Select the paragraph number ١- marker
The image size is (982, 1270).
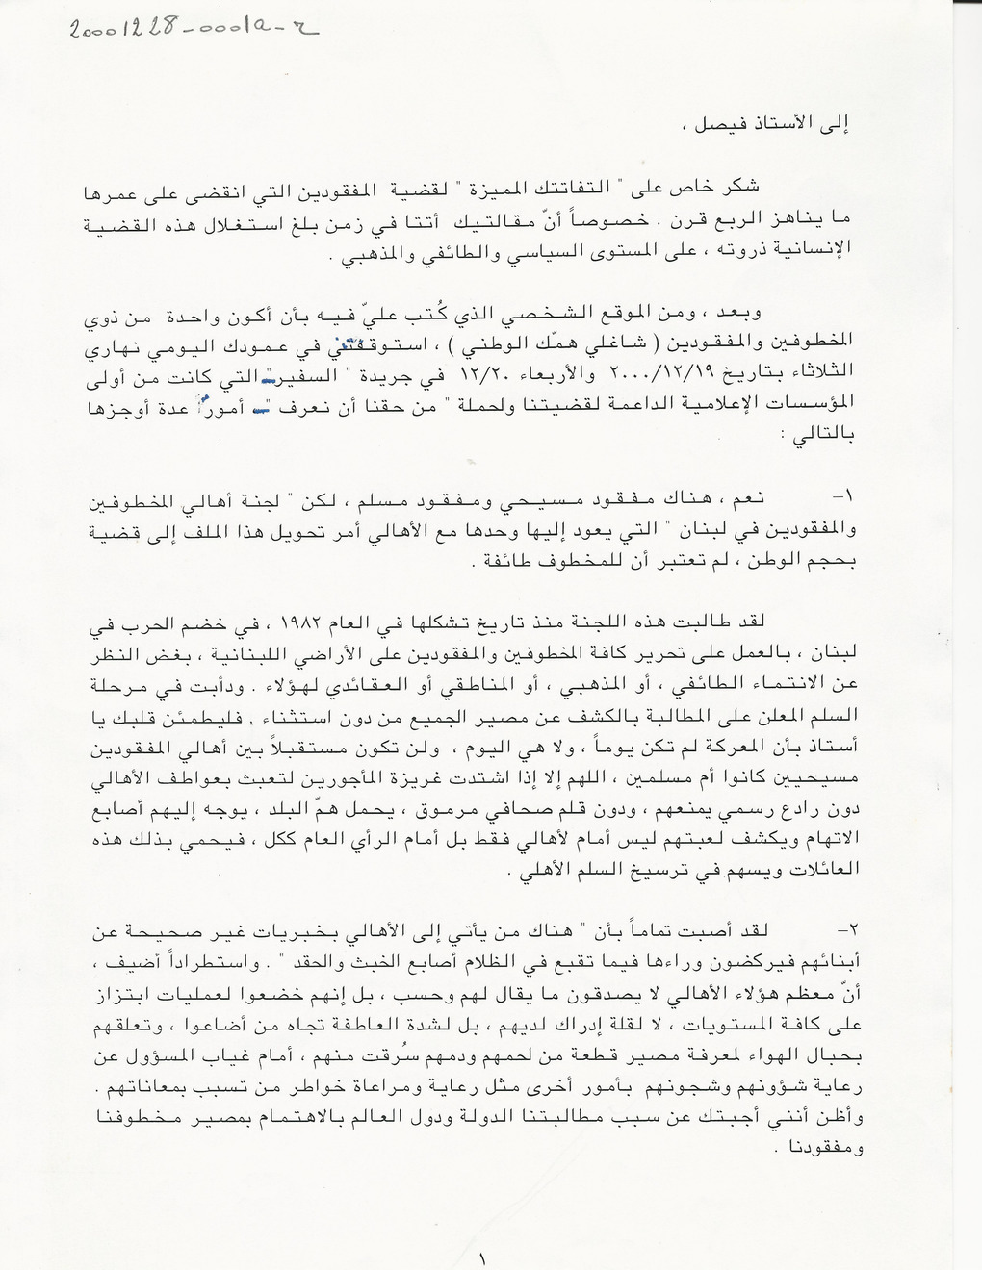843,498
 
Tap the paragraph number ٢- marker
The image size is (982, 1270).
842,931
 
